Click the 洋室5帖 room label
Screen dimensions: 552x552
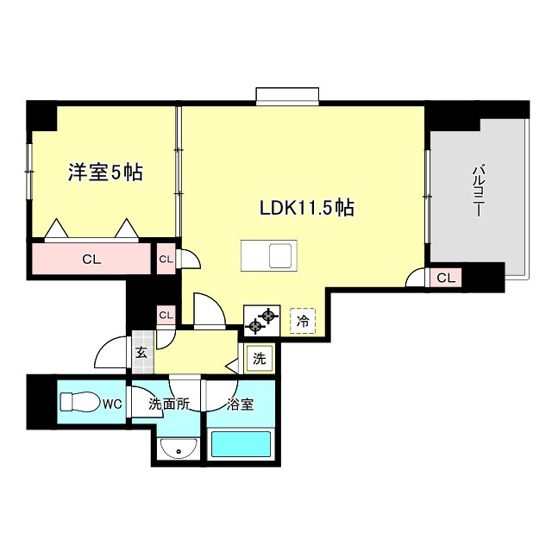point(105,172)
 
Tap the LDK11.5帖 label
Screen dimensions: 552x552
point(307,207)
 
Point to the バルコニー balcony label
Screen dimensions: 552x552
point(477,191)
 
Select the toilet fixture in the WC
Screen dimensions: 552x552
point(79,402)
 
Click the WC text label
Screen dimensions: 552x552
point(112,405)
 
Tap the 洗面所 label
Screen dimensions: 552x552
point(169,405)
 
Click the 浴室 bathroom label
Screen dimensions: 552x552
point(240,405)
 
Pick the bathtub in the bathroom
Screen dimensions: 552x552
point(241,444)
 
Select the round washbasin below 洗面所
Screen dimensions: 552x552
point(179,448)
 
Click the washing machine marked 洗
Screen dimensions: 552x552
point(260,359)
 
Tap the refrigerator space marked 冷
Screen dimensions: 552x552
point(303,321)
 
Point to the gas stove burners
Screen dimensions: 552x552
point(262,320)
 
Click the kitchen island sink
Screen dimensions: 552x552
point(280,255)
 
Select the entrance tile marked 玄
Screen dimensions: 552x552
point(142,353)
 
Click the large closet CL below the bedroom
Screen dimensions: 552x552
point(91,259)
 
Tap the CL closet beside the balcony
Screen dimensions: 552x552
point(446,278)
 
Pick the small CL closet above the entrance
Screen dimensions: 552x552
point(166,315)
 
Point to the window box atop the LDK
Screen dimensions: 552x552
point(287,96)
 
